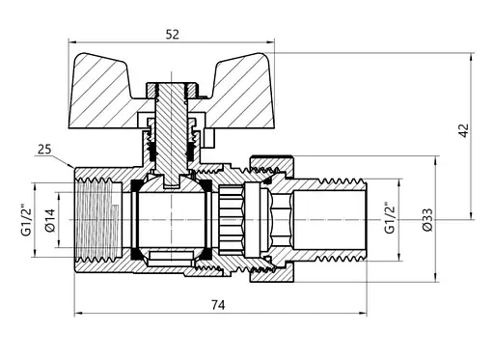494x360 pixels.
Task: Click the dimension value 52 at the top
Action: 172,34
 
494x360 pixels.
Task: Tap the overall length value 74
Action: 217,306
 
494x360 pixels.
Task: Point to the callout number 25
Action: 43,149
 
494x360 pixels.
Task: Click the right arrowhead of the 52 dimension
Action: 270,42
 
